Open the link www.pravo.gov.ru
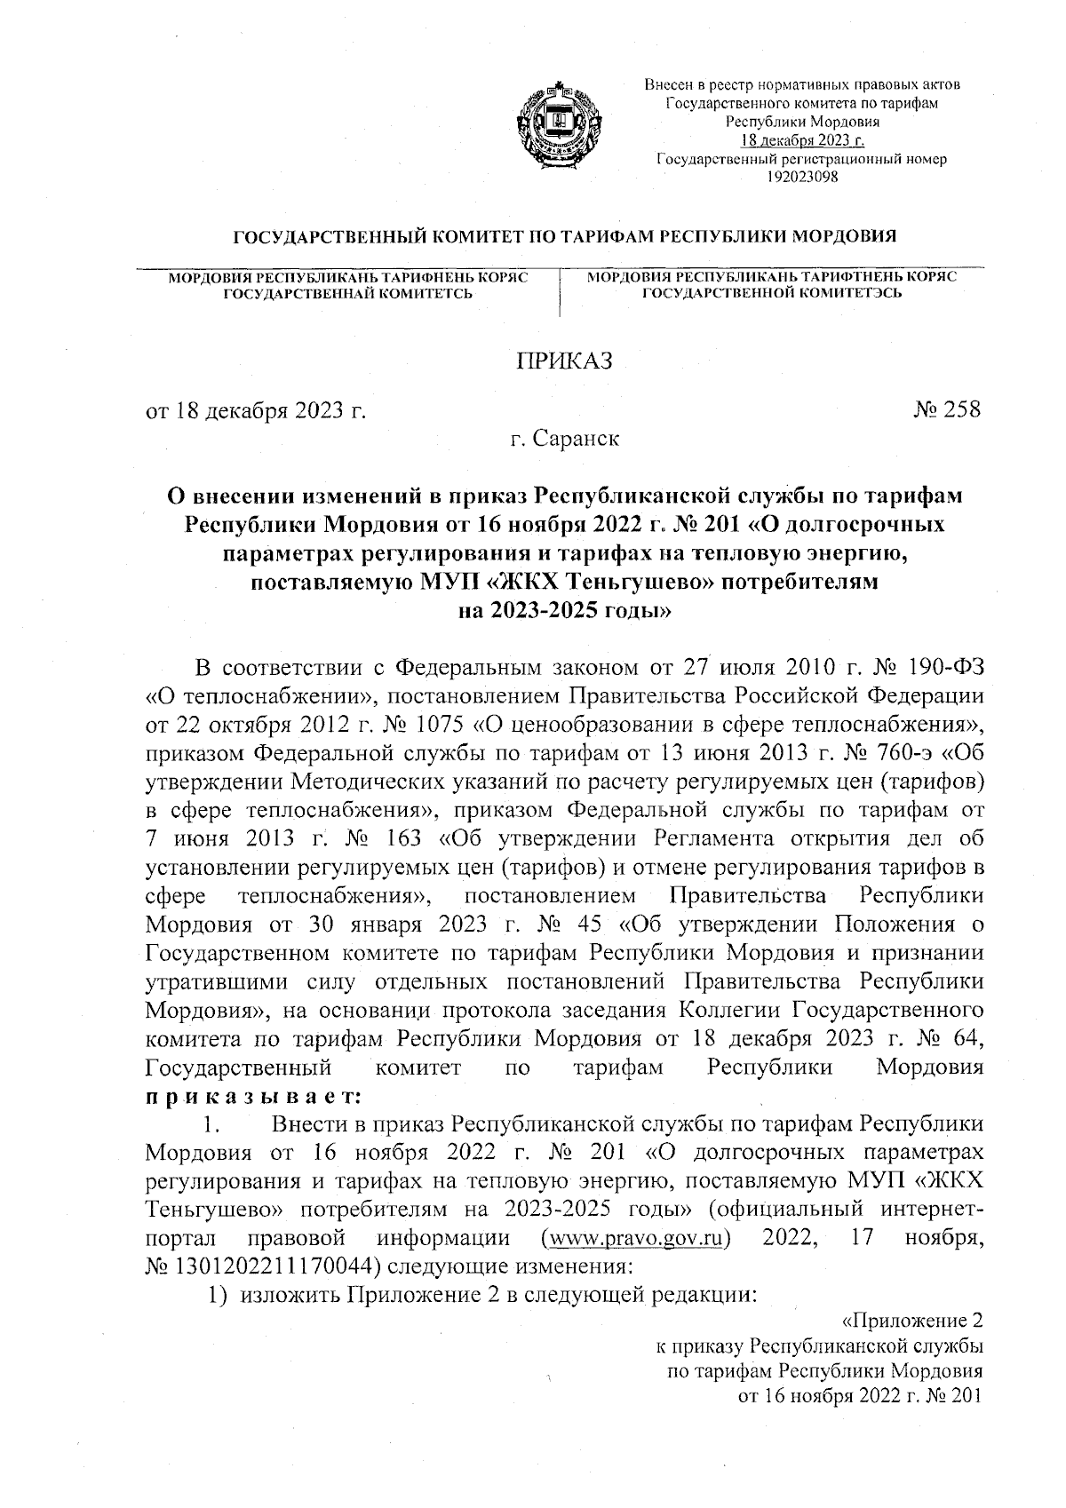pyautogui.click(x=634, y=1239)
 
